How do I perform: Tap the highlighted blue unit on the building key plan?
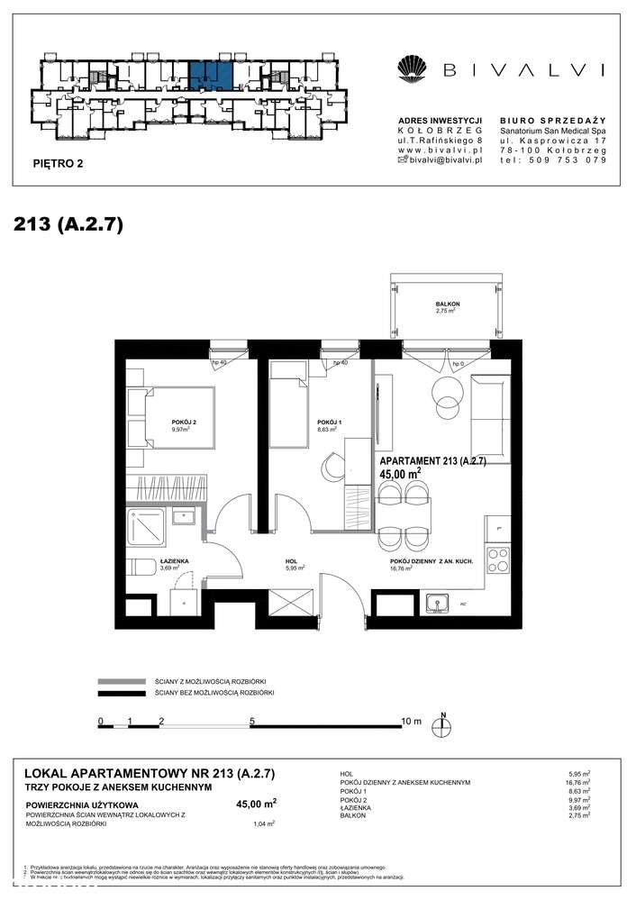click(x=210, y=76)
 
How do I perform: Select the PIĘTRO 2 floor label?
click(x=56, y=164)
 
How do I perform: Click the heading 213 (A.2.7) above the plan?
click(x=68, y=223)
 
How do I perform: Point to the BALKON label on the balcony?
click(x=448, y=305)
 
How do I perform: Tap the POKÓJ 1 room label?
click(x=326, y=422)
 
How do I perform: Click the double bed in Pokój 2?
click(x=171, y=417)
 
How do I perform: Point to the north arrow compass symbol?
click(x=443, y=724)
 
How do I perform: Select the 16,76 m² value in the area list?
click(x=574, y=783)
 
